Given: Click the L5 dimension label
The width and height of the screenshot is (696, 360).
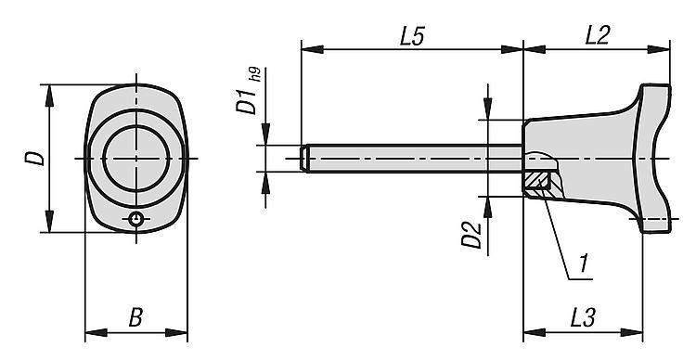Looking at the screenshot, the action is (x=412, y=36).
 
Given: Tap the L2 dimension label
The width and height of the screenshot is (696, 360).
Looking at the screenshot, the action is (x=598, y=35).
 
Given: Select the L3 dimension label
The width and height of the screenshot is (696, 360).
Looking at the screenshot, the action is (x=583, y=317).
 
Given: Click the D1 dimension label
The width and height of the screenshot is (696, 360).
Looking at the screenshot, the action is (x=246, y=101).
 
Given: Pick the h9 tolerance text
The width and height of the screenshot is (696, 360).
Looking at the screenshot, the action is (x=255, y=74).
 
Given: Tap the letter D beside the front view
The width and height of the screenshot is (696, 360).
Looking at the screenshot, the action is (x=34, y=159).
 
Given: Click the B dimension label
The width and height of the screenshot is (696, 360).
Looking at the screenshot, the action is (x=135, y=318).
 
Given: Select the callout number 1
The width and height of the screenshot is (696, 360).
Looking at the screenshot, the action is (x=584, y=264).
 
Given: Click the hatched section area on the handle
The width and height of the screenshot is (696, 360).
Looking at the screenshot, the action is (x=537, y=184).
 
